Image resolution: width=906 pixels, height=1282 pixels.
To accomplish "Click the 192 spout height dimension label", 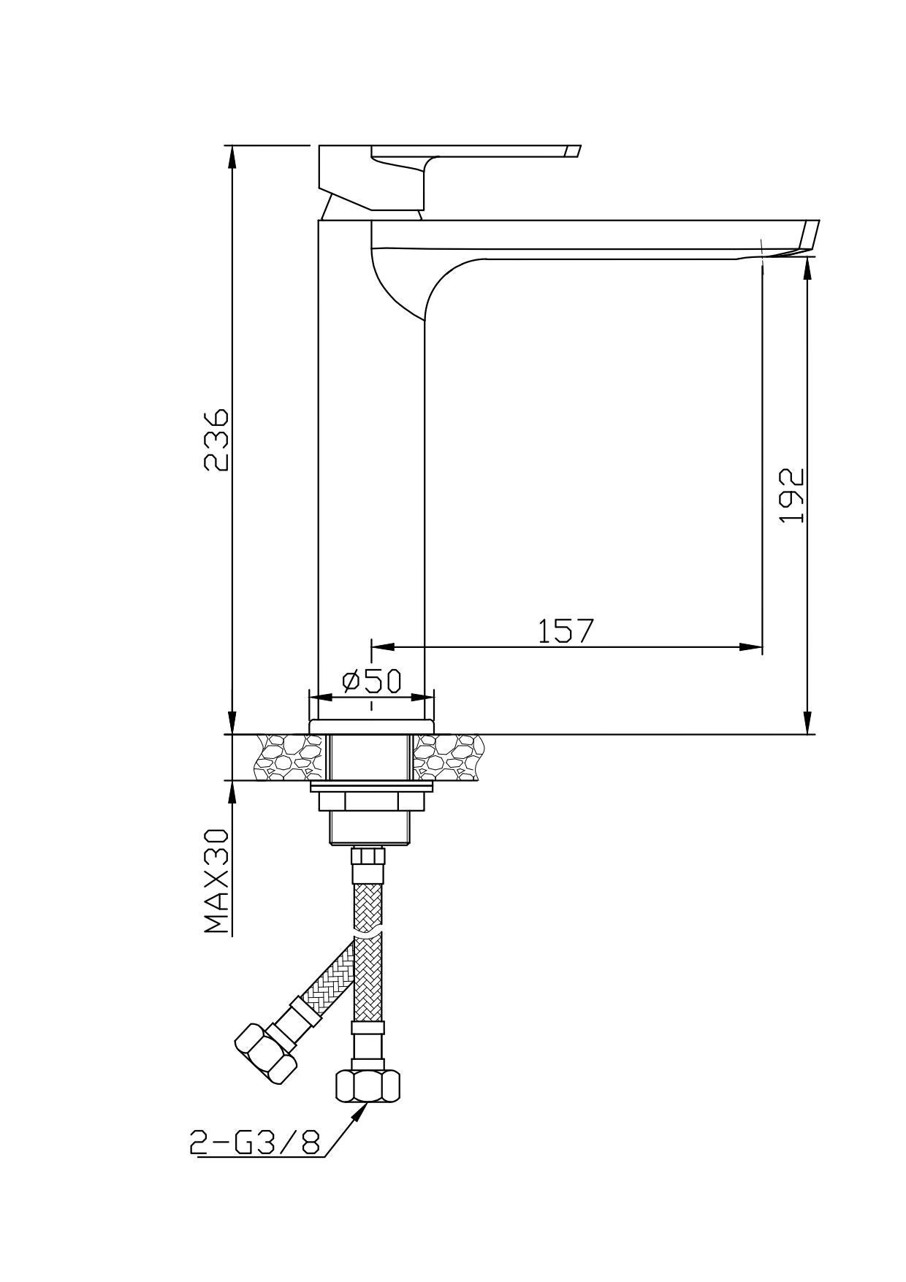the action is point(791,495).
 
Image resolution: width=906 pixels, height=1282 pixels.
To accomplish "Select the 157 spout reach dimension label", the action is point(566,631).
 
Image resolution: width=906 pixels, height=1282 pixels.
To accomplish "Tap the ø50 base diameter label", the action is point(372,681).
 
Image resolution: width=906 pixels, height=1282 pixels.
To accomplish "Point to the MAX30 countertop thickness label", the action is point(216,880).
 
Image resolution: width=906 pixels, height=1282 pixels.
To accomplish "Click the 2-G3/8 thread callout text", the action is point(255,1142).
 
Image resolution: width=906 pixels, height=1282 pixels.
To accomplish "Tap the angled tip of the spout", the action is point(810,238).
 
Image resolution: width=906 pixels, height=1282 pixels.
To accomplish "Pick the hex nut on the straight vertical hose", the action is point(368,1085).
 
